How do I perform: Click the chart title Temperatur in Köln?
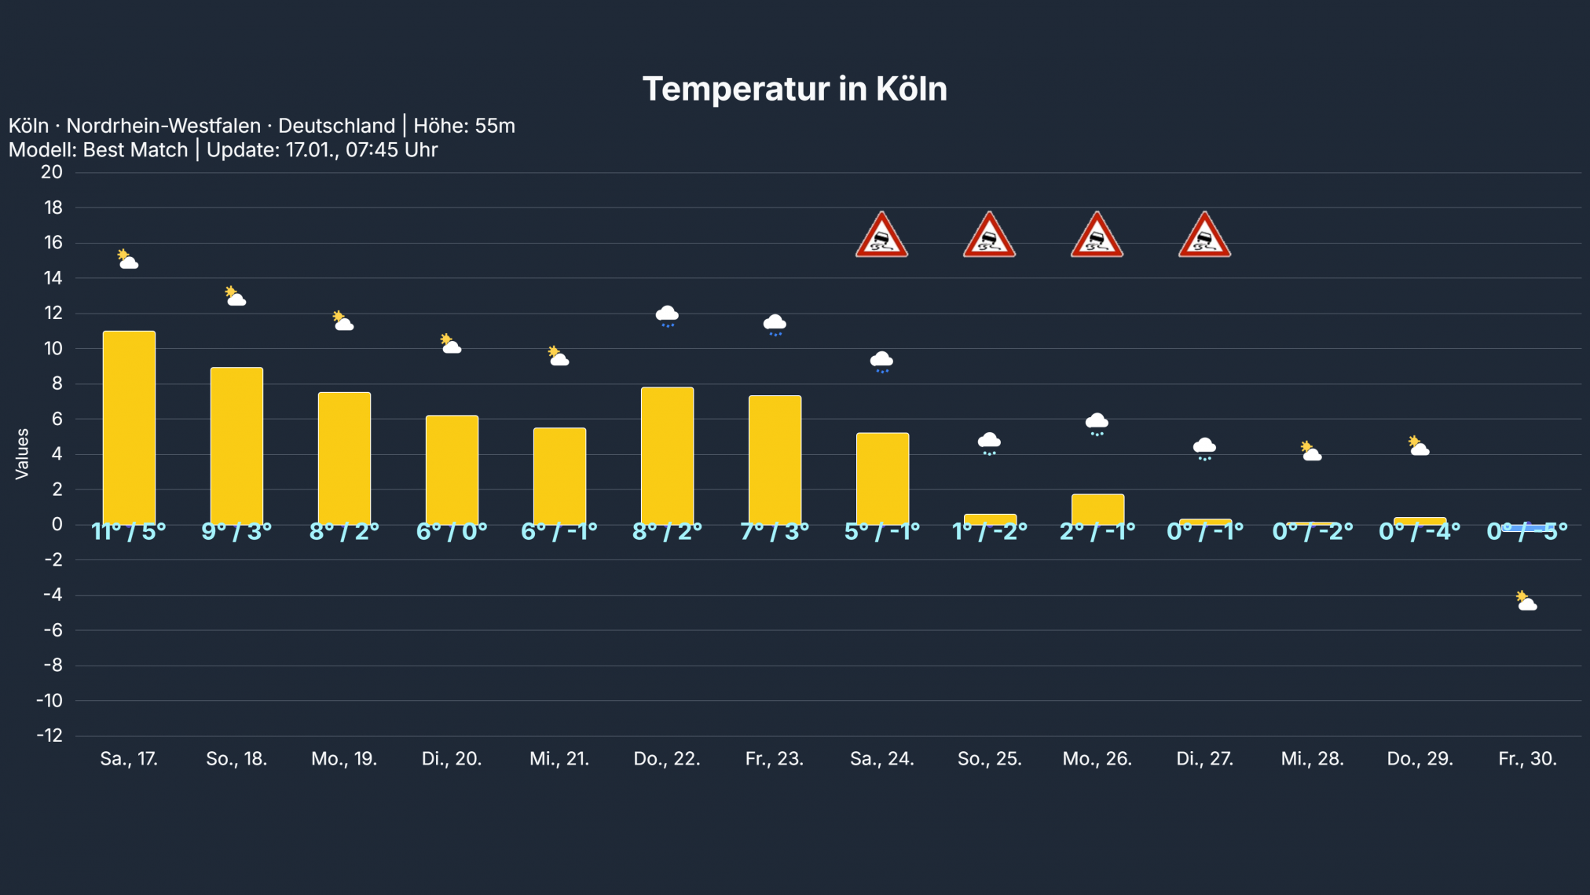[794, 89]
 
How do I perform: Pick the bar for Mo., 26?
[1097, 508]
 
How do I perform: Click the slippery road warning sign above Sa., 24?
[881, 236]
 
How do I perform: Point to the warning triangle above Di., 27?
[1204, 236]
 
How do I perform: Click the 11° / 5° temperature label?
[129, 532]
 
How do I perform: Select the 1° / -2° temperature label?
[989, 532]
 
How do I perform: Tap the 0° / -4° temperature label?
[1420, 532]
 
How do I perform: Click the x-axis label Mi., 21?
[559, 759]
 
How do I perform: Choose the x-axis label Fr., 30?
[1527, 759]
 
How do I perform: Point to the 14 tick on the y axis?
[53, 278]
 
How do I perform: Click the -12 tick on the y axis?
[49, 735]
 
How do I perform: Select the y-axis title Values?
[22, 453]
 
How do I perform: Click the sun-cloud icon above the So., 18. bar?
[236, 296]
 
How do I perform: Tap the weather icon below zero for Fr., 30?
[1526, 601]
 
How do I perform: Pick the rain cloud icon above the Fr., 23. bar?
[775, 325]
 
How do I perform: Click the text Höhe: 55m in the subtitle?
[464, 126]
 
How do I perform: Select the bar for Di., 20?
[452, 469]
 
